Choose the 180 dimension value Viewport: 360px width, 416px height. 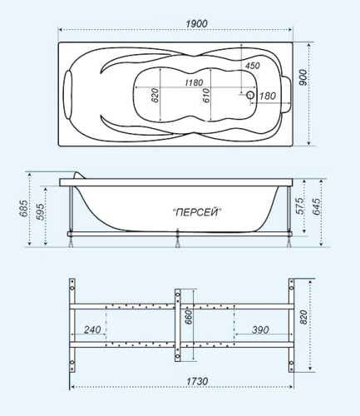point(268,97)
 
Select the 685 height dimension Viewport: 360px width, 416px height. point(25,205)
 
